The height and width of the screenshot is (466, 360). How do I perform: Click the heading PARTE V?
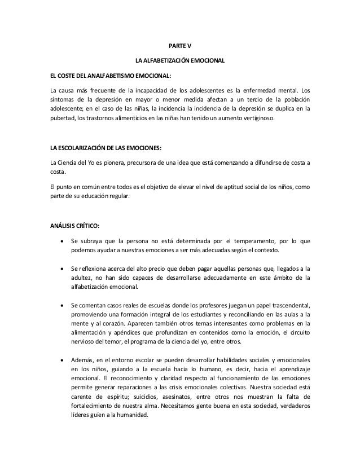[180, 45]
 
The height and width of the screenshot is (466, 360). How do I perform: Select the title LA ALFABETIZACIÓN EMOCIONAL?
[180, 60]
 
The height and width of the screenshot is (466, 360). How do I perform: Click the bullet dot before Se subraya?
[61, 241]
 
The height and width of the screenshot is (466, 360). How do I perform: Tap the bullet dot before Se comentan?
[61, 304]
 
